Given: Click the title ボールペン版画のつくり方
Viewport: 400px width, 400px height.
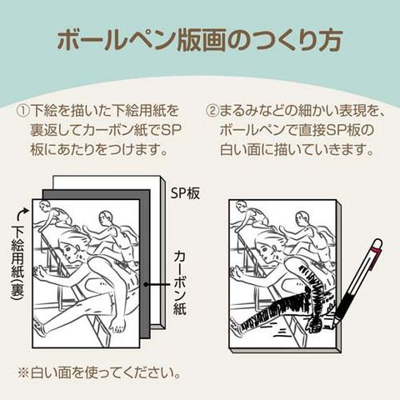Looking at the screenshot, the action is point(199,41).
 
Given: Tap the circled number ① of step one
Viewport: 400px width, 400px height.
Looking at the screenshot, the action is point(23,111).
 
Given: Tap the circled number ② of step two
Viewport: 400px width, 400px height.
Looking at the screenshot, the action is point(212,111).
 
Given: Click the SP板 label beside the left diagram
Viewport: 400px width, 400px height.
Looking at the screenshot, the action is point(185,193).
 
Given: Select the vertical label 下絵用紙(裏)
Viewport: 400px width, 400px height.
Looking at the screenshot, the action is point(17,263).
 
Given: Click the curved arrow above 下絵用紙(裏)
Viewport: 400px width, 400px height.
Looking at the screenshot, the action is point(22,214).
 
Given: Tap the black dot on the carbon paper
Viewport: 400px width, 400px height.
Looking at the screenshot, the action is point(145,284).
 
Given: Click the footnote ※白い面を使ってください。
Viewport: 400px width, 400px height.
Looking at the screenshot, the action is point(99,373).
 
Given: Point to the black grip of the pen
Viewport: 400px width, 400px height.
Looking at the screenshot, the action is point(346,302).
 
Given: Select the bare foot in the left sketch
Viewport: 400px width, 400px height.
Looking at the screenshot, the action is point(118,324).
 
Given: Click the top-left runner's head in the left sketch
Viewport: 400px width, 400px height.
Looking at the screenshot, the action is point(45,206).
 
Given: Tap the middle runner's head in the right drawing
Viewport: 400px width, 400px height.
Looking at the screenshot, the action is point(302,218).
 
